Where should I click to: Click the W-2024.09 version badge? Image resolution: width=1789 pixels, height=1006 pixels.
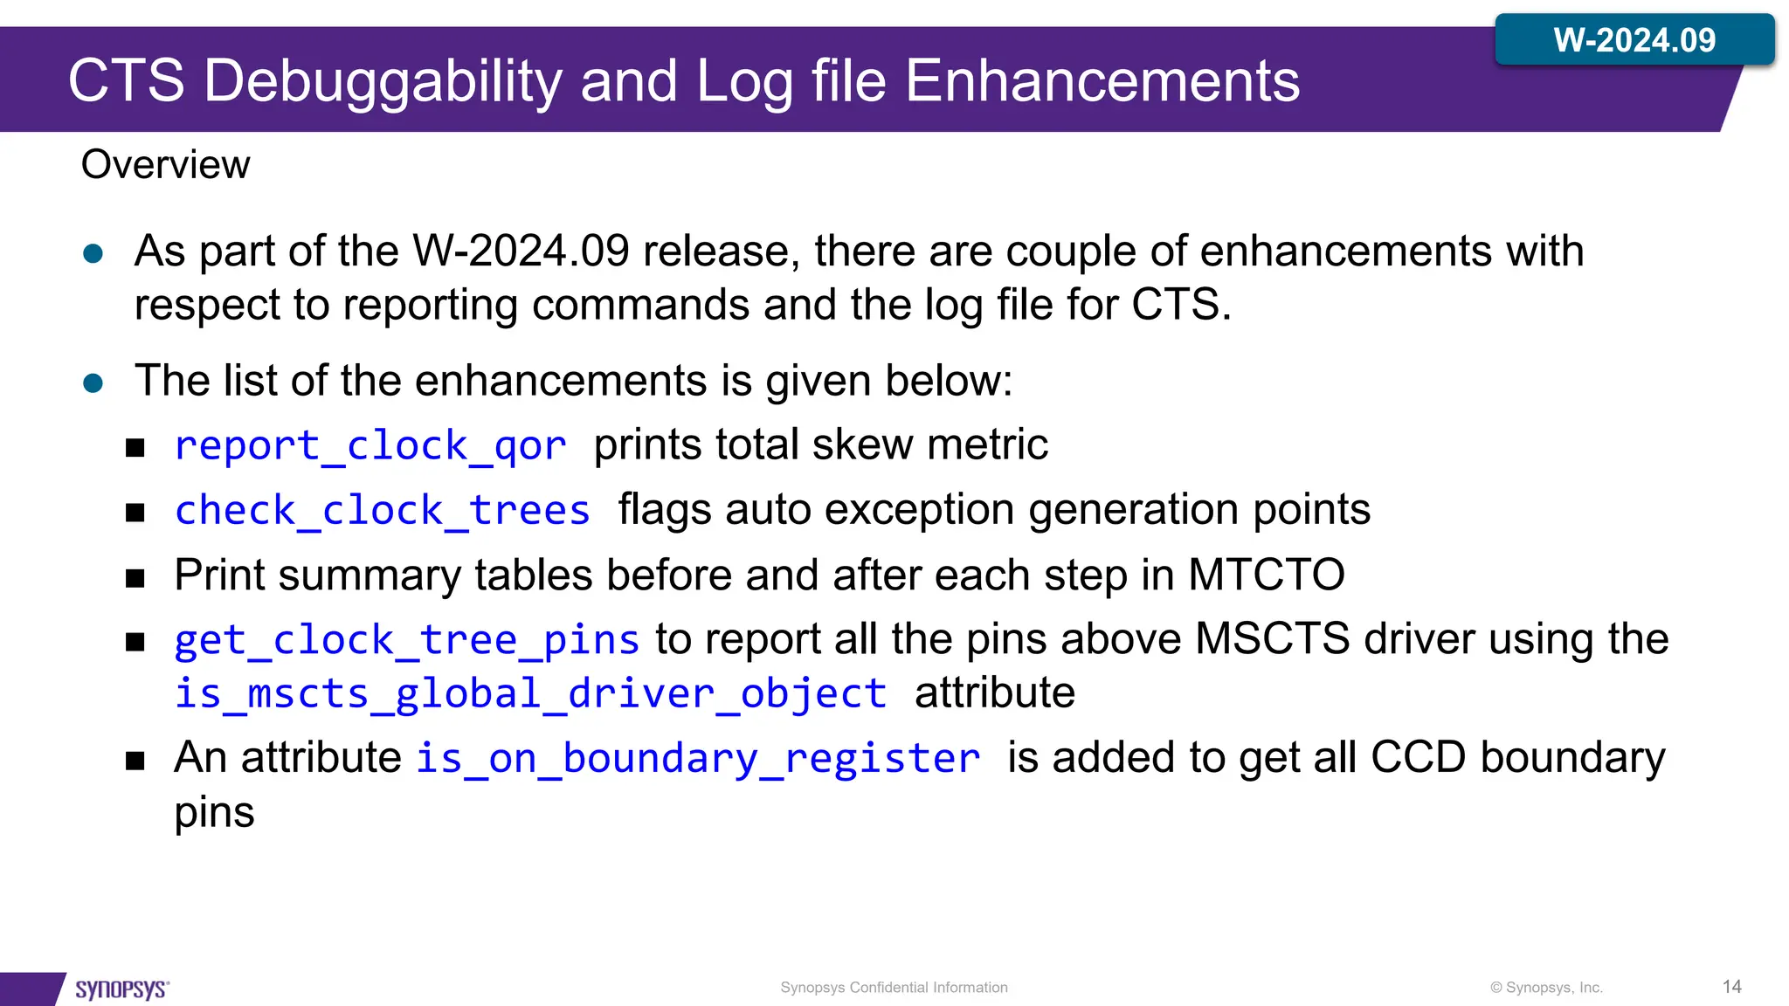point(1634,40)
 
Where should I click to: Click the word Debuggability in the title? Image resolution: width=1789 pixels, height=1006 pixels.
point(384,81)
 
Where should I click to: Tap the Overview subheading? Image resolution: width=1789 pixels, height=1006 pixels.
point(165,165)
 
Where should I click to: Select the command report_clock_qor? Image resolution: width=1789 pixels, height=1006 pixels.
point(370,445)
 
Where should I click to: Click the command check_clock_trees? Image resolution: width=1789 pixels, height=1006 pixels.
point(383,510)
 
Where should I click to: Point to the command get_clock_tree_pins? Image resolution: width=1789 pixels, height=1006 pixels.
point(407,640)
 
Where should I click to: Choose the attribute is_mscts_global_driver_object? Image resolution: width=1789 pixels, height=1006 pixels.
point(530,694)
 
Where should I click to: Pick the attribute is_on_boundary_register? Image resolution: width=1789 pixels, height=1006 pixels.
point(697,758)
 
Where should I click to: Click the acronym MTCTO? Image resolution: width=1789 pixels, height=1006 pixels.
point(1266,575)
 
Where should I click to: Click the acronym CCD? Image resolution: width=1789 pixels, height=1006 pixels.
point(1417,757)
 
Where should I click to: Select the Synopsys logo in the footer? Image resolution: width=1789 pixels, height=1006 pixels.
point(121,989)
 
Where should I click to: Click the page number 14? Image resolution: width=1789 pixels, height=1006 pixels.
point(1731,987)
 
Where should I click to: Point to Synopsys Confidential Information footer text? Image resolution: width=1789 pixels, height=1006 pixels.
point(894,988)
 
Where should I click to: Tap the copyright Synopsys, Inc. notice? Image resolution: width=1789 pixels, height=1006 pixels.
point(1546,988)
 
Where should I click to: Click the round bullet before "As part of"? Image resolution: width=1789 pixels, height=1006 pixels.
point(93,254)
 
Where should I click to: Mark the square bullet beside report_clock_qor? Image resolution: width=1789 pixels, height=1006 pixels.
point(135,448)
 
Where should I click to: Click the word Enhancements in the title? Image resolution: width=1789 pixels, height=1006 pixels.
point(1102,81)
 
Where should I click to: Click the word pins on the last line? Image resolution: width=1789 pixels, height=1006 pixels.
point(214,812)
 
